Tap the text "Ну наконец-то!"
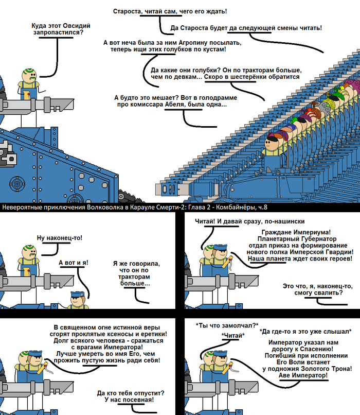click(60, 238)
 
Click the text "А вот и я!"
click(74, 263)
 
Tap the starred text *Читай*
click(233, 335)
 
